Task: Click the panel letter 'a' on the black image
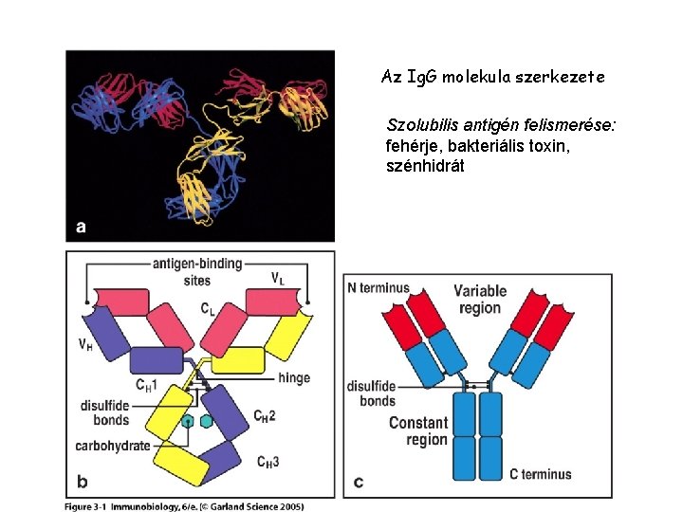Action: [x=82, y=227]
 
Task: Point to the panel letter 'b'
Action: [x=81, y=481]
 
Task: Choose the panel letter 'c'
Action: [x=358, y=482]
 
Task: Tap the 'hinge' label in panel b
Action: [x=294, y=377]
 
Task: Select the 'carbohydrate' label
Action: [x=112, y=446]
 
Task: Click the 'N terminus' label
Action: [x=378, y=287]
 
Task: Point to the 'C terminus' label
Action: [x=541, y=474]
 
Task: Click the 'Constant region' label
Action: [x=418, y=430]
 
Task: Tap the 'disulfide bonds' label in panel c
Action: [x=371, y=393]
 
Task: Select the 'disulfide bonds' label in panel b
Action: [x=105, y=412]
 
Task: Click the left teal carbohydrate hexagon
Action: [x=189, y=421]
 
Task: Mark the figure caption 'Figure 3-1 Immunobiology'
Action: [x=184, y=506]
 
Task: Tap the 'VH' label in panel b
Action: [x=85, y=345]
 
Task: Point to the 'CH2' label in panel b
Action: [x=266, y=415]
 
